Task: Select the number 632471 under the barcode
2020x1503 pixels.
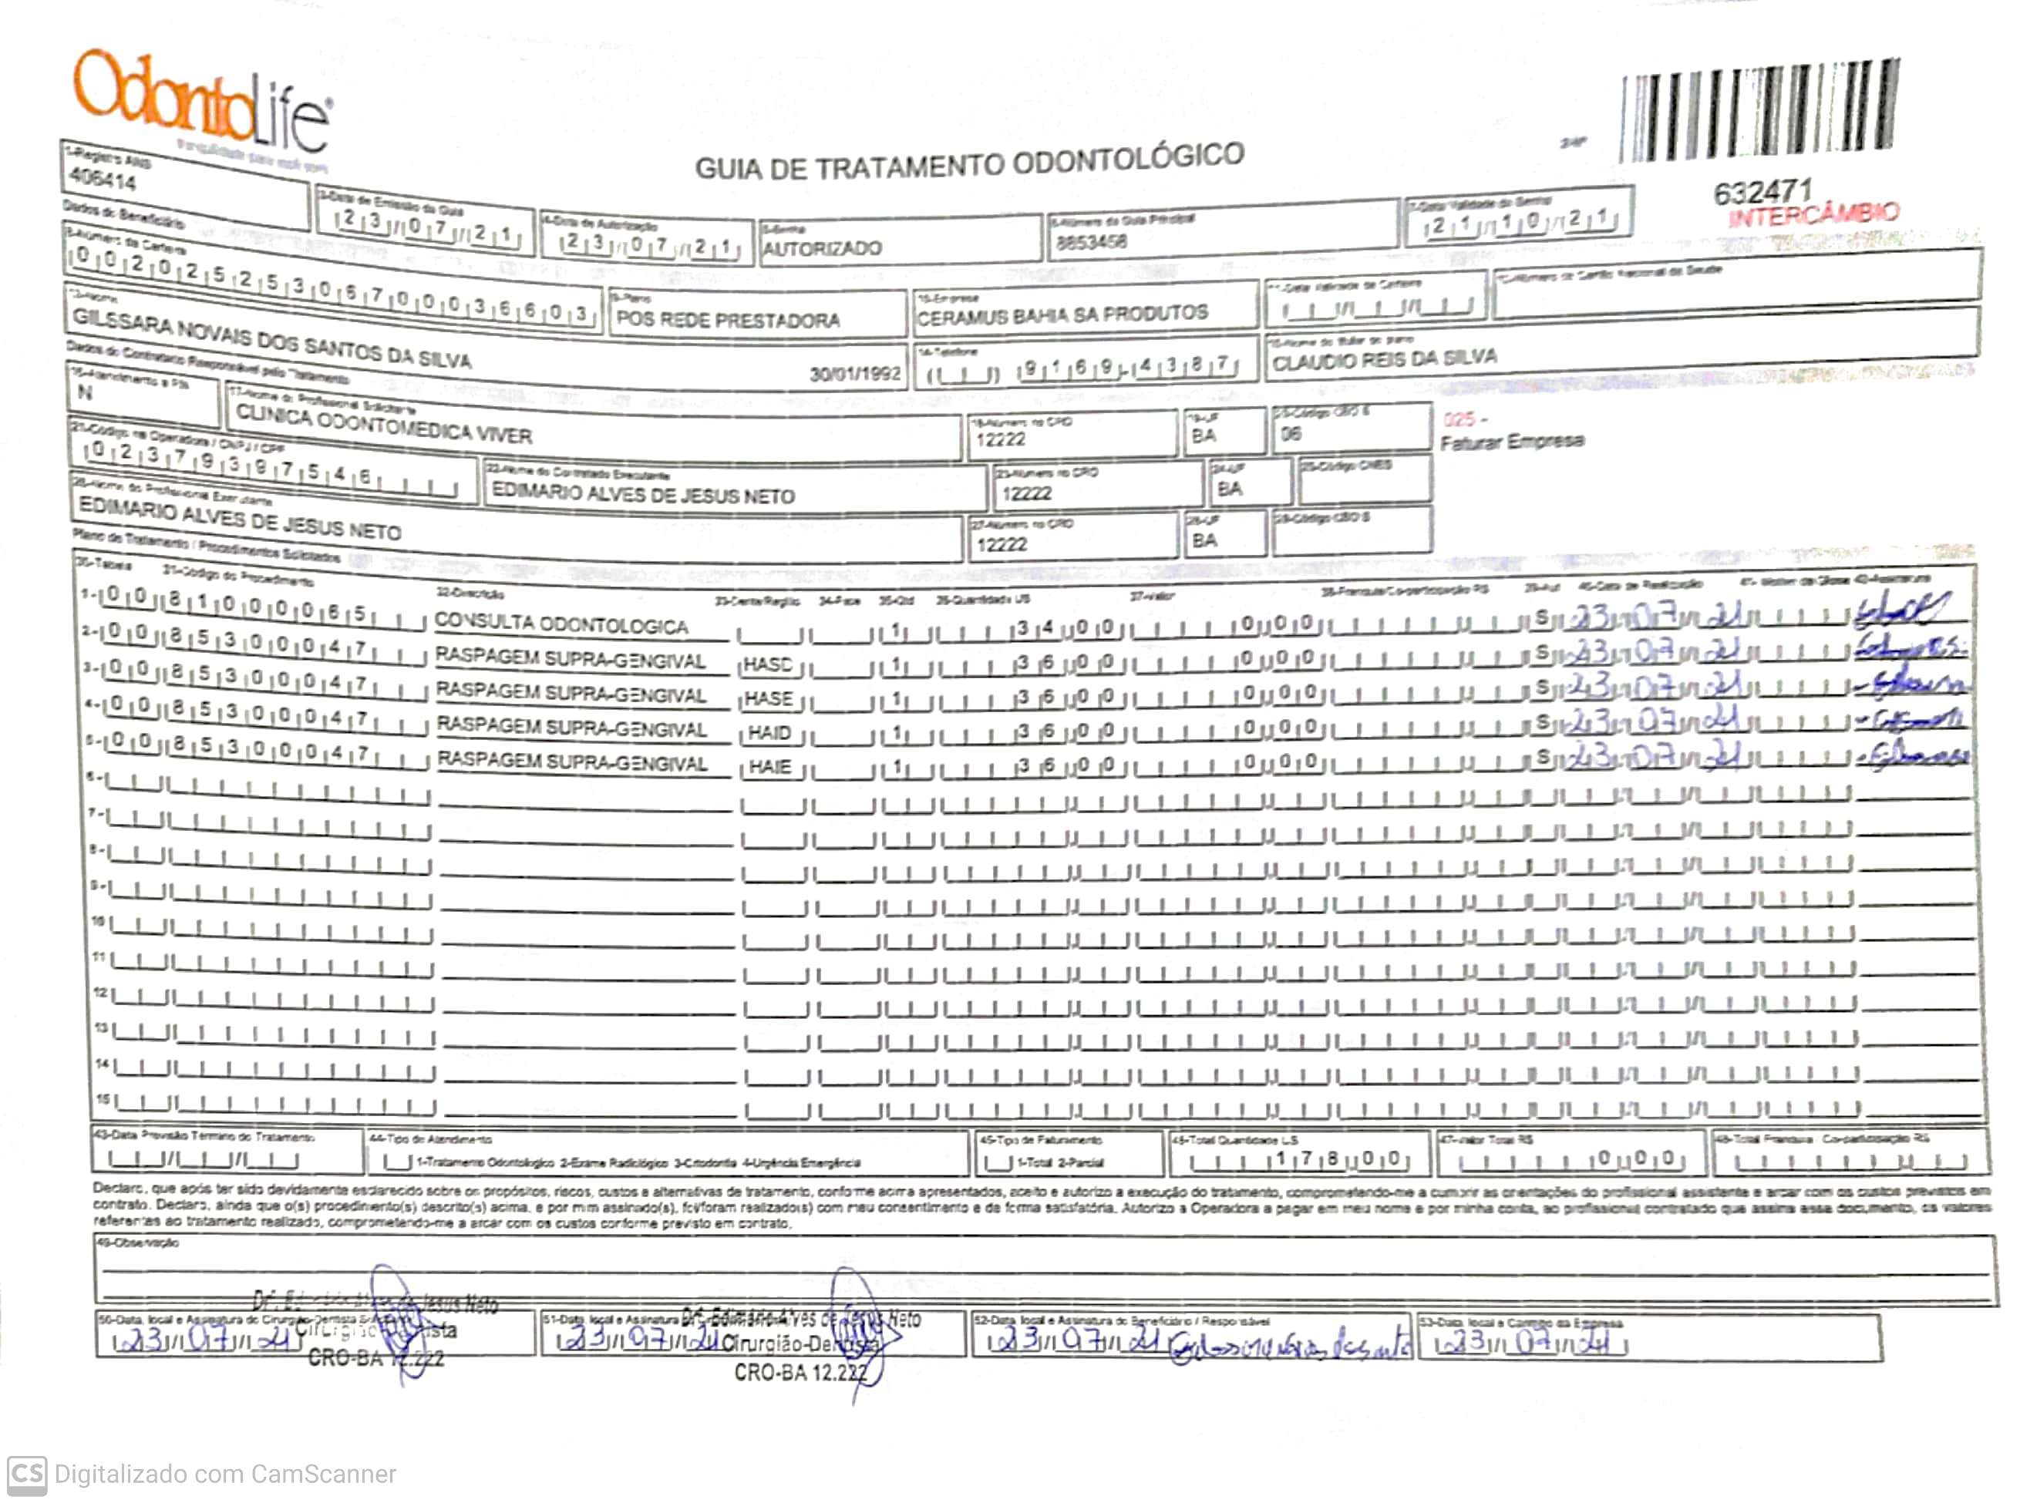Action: [x=1762, y=191]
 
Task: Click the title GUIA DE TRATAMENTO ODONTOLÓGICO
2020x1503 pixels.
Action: [x=969, y=161]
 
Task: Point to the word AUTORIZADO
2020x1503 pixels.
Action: [x=822, y=248]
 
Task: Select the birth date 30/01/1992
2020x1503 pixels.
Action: [x=854, y=373]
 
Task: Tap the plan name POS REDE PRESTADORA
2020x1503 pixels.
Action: [x=728, y=319]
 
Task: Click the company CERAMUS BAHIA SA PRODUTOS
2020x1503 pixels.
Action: [x=1062, y=314]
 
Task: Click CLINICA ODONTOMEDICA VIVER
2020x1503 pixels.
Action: [x=383, y=425]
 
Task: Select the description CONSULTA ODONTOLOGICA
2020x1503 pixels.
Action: [x=561, y=625]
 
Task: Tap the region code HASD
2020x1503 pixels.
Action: [x=768, y=664]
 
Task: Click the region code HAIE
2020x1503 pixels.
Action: [x=769, y=767]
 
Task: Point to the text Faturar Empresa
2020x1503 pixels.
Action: [x=1511, y=441]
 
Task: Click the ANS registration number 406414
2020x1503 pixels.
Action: [x=103, y=180]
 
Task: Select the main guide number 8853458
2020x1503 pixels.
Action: [x=1091, y=242]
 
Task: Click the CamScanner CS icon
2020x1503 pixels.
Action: [x=26, y=1474]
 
